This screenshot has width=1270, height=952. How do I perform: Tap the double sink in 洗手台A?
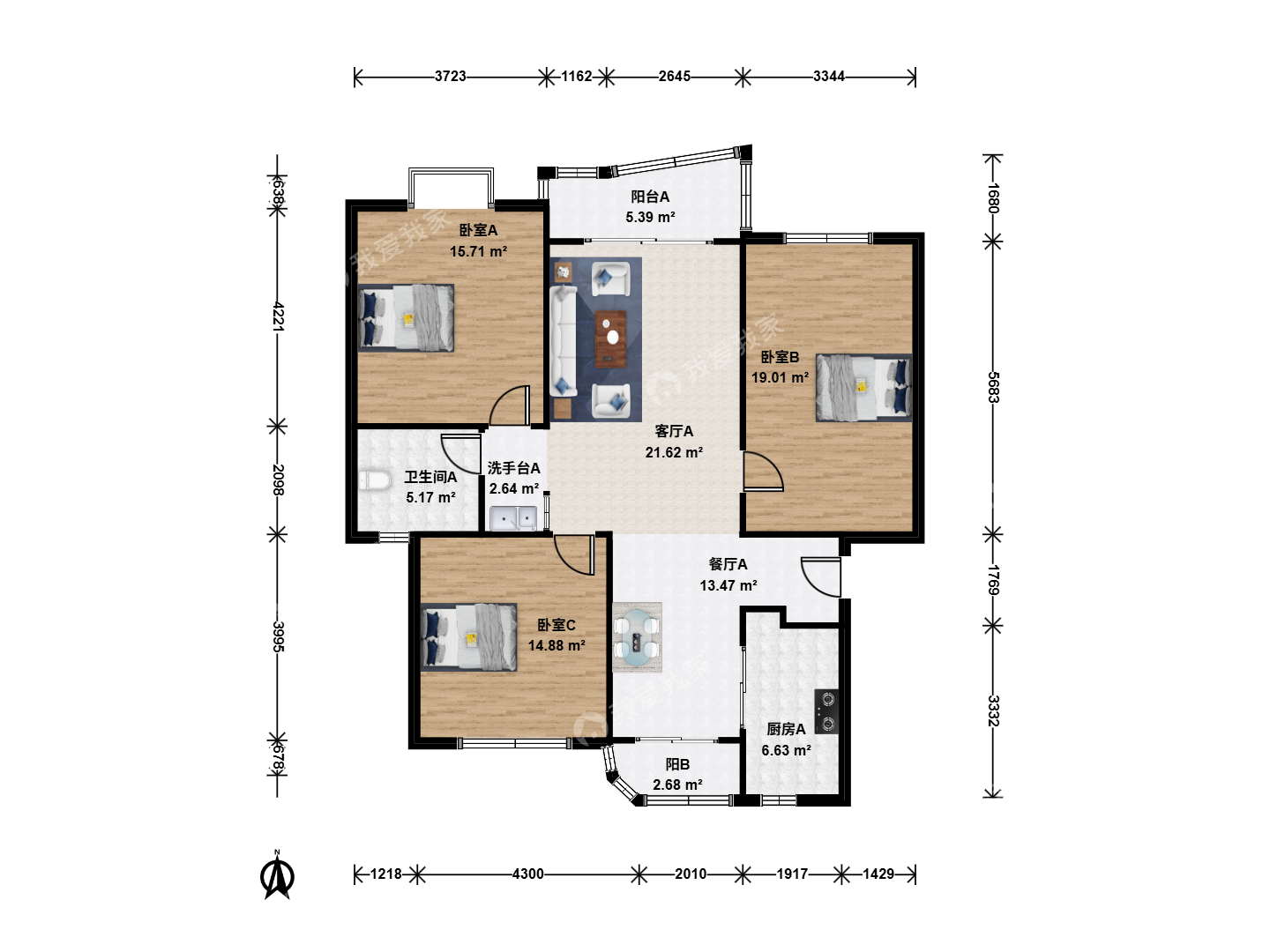[513, 518]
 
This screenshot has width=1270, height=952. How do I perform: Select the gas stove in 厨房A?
[826, 711]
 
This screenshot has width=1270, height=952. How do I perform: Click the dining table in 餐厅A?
[637, 637]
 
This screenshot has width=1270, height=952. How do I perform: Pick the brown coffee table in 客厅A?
[610, 338]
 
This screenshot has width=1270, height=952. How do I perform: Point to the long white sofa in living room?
[563, 341]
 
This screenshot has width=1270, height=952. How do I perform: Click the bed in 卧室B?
[863, 387]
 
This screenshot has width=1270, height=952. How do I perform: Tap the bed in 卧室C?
[468, 637]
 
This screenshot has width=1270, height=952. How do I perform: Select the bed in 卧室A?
[406, 317]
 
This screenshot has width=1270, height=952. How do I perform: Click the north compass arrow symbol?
[279, 876]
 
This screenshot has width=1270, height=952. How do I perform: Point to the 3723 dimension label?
[450, 77]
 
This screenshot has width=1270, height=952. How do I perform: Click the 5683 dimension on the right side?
[993, 387]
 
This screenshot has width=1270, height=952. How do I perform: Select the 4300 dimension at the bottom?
[527, 874]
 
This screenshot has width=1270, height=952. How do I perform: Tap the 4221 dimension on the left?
[279, 316]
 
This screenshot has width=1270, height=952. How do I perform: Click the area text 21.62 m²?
[674, 452]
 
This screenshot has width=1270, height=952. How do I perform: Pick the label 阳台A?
[650, 197]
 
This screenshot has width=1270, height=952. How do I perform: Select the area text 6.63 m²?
[786, 750]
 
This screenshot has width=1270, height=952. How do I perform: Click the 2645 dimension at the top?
[674, 77]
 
